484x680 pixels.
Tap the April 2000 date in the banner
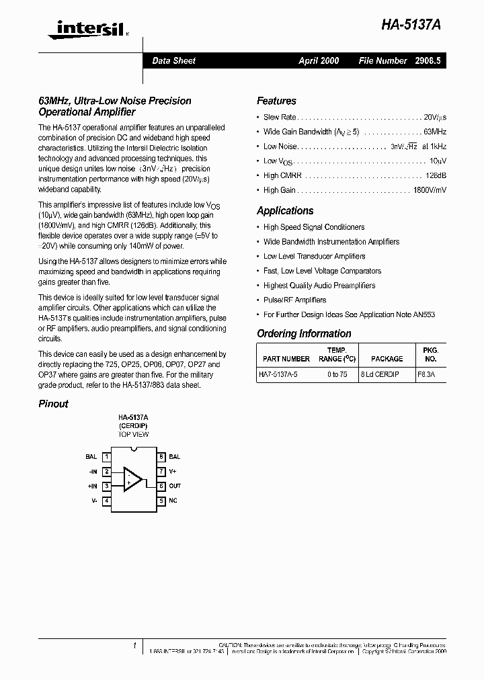click(x=319, y=60)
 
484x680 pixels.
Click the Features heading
click(x=276, y=101)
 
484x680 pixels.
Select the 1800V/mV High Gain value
click(x=429, y=190)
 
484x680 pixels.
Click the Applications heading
click(x=285, y=210)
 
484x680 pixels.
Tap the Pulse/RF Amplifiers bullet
click(x=294, y=300)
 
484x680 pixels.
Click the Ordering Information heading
click(x=304, y=333)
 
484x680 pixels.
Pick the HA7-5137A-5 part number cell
click(x=282, y=375)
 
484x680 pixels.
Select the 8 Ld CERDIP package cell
click(x=379, y=375)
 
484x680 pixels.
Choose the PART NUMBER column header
click(x=286, y=359)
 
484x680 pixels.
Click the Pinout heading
click(x=53, y=404)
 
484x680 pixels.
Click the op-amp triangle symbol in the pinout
click(x=132, y=479)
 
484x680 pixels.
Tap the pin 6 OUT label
click(x=175, y=486)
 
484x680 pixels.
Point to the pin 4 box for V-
click(x=107, y=501)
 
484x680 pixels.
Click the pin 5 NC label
click(x=173, y=501)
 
